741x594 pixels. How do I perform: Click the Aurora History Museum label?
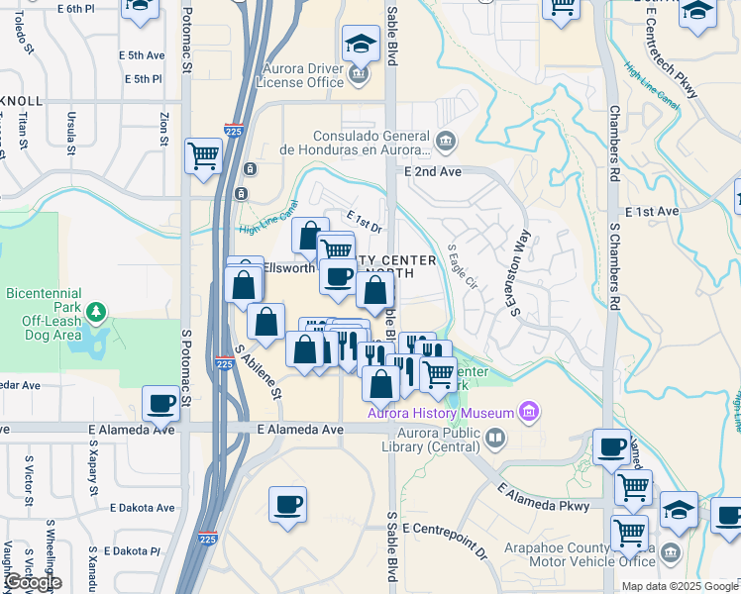click(441, 413)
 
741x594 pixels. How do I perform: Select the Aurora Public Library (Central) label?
click(429, 440)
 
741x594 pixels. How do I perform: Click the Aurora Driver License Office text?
click(302, 75)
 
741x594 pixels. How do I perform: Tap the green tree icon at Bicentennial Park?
click(96, 313)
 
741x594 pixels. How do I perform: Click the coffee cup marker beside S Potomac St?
click(160, 403)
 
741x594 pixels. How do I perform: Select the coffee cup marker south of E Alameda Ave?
click(288, 504)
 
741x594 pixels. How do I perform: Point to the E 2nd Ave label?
click(433, 171)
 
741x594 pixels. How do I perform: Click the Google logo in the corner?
click(32, 582)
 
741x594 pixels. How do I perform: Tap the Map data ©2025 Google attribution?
click(680, 586)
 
